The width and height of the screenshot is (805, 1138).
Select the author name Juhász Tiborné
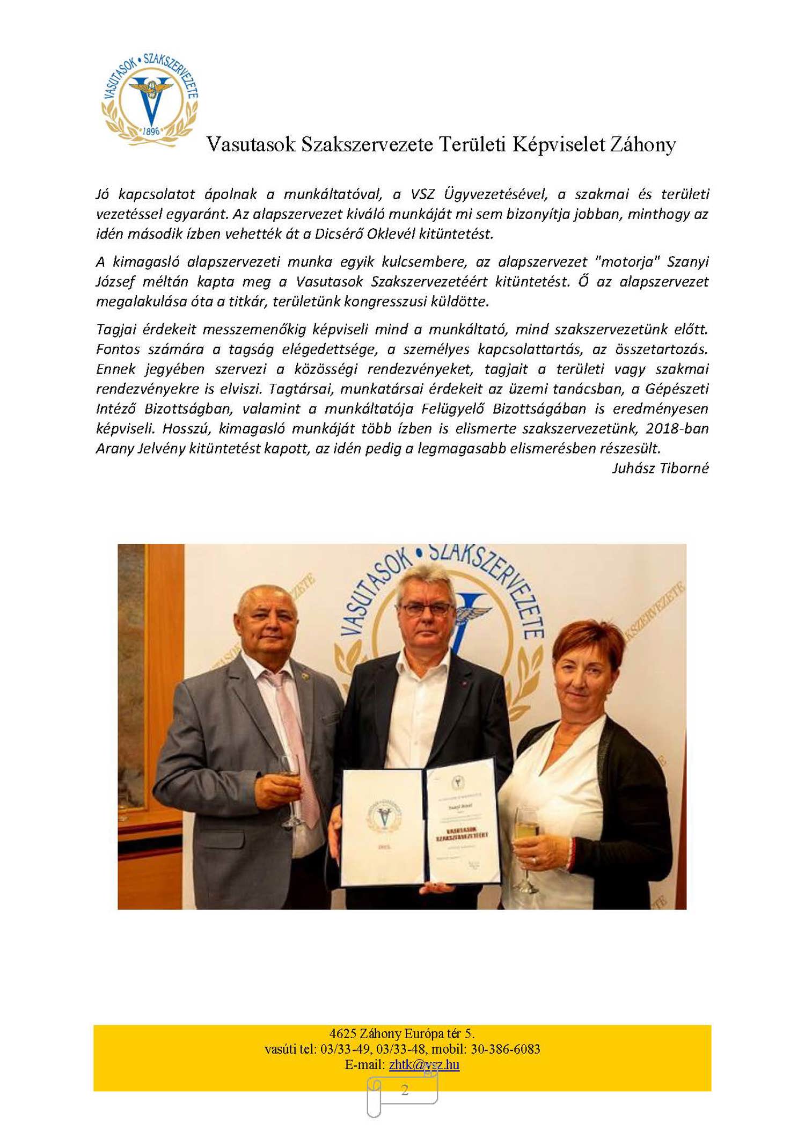(660, 468)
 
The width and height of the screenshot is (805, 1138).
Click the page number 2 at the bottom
(404, 1090)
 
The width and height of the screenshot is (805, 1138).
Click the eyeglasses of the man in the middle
(427, 608)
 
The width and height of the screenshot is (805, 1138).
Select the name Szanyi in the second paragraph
(687, 261)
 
